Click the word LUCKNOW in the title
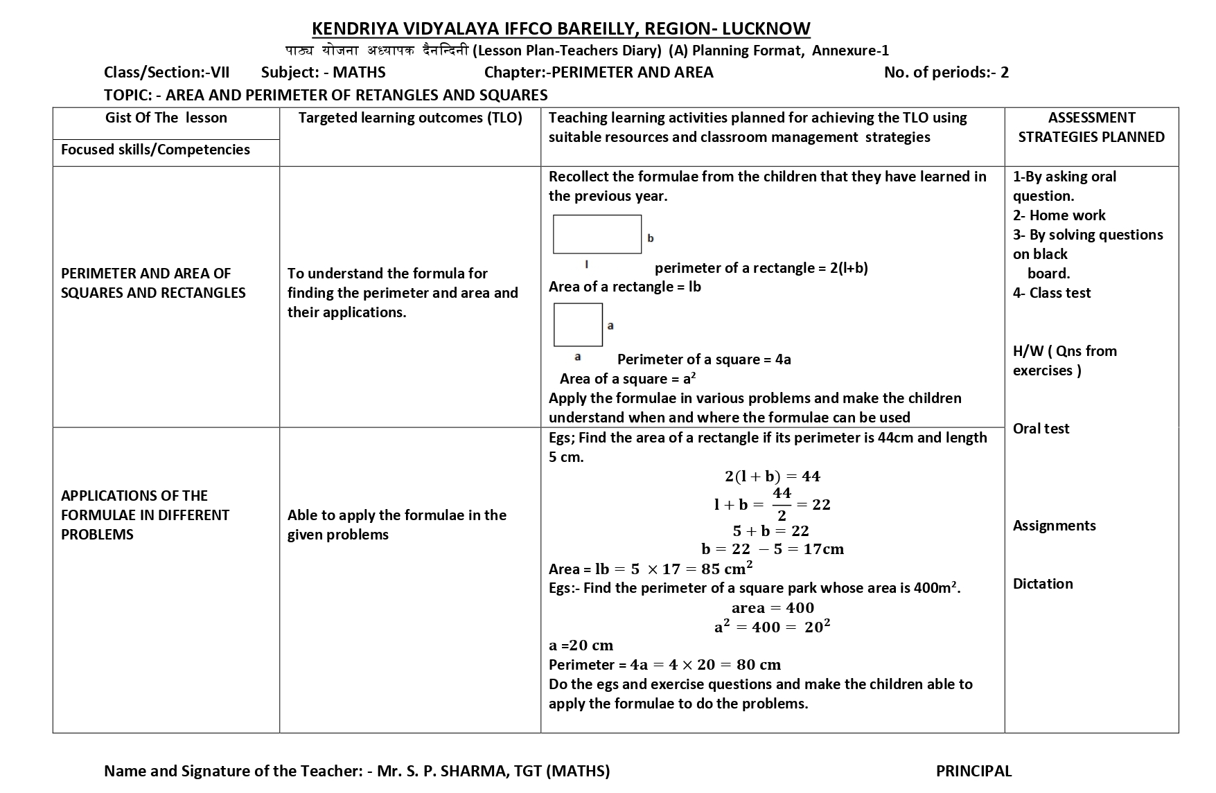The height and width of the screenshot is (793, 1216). coord(766,28)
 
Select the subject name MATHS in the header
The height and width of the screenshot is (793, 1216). coord(359,72)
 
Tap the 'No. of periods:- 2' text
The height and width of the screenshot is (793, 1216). coord(946,72)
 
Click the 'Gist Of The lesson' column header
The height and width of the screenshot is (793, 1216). coord(166,118)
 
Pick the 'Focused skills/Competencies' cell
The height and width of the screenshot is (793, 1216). coord(155,150)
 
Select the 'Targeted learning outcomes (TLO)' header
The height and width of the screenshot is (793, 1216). coord(410,118)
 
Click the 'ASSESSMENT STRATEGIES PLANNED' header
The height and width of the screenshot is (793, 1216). coord(1091,127)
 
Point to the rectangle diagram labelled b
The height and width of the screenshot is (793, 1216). coord(597,234)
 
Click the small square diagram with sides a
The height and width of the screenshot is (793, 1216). coord(578,325)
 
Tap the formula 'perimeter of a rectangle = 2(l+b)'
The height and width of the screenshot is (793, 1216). coord(761,268)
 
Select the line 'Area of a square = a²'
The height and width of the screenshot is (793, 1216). coord(627,379)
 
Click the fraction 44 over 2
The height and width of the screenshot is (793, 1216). coord(782,504)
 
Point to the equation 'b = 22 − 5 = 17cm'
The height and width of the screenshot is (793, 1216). coord(772,549)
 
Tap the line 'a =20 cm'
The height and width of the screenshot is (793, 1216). coord(581,645)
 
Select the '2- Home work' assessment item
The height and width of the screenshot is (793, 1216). coord(1059,215)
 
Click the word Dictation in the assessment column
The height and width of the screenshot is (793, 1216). coord(1043,584)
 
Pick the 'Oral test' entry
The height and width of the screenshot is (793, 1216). coord(1041,429)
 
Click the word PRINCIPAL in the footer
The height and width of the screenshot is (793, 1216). coord(973,771)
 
